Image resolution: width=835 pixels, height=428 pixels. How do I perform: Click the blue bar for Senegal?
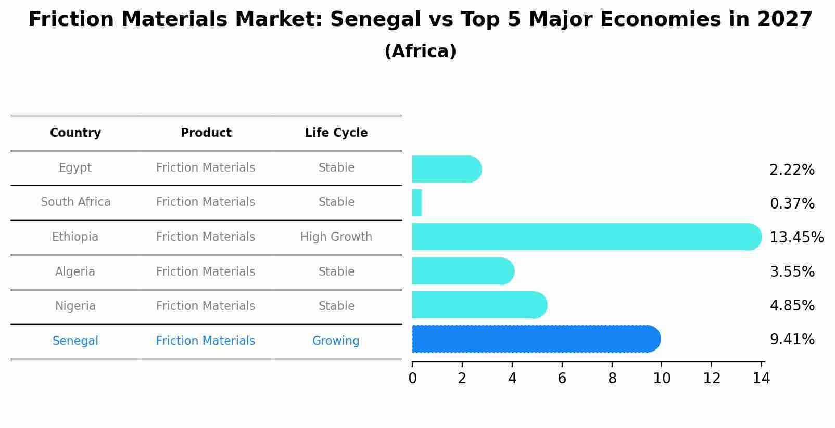536,339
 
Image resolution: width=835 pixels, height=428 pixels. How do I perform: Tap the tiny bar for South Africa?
417,203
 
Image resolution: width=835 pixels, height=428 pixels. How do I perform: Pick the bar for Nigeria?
479,305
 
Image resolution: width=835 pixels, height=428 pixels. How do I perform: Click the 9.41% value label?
792,340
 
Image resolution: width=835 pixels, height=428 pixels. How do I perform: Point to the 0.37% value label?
792,204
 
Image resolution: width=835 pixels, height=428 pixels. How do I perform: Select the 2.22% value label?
792,170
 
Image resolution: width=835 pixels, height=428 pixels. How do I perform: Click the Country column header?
75,133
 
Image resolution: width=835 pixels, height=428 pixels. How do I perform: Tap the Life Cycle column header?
336,133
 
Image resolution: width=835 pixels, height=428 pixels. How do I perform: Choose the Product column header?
206,133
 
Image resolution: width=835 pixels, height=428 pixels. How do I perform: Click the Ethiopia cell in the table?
75,237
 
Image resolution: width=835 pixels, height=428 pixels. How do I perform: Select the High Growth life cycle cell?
336,237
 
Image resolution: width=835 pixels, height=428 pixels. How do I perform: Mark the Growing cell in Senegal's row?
336,341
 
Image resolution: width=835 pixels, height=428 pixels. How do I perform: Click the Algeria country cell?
75,272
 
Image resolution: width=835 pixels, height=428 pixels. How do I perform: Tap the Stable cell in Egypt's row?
336,168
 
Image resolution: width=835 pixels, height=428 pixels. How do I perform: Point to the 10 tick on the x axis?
662,379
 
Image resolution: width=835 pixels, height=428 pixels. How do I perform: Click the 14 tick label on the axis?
761,379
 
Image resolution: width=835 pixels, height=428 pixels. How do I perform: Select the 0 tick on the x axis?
412,379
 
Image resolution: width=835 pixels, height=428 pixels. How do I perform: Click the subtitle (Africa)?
420,51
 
